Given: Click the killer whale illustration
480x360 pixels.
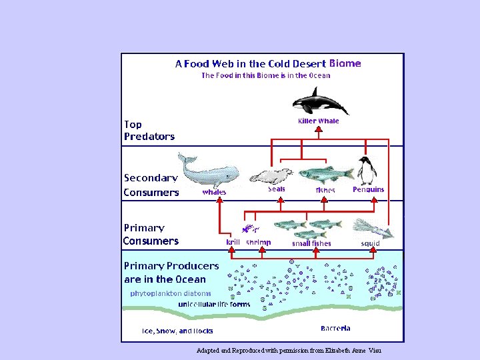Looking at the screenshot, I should pos(320,102).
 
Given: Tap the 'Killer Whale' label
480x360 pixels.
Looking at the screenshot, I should pos(318,121).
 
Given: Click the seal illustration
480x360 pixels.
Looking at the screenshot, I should pos(271,176).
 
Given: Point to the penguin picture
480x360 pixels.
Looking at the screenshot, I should pos(366,171).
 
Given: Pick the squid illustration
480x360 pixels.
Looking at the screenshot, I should pos(373,228).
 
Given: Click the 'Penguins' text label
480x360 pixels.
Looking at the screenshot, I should pos(368,189).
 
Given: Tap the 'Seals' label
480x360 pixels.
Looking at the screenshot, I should pos(276,189).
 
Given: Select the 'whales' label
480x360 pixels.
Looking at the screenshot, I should pos(214,192).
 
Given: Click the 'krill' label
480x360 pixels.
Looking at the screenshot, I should pos(233,243).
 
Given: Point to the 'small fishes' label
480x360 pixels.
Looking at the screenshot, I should pos(311,243).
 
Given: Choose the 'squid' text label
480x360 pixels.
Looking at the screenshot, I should pos(370,243).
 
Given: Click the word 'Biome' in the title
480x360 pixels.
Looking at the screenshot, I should pos(345,64).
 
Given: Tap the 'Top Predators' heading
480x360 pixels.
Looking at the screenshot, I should pos(149,130).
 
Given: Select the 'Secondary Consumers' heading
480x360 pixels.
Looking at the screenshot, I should pos(151,185).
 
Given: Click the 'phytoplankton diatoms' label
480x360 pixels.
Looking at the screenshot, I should pos(170,293).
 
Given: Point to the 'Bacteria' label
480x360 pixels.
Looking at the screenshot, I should pos(335,328).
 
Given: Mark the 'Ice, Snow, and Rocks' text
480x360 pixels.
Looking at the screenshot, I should pos(177,331).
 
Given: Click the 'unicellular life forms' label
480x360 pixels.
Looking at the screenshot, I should pos(214,304).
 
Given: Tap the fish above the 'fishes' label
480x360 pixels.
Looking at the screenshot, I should pos(325,175).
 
